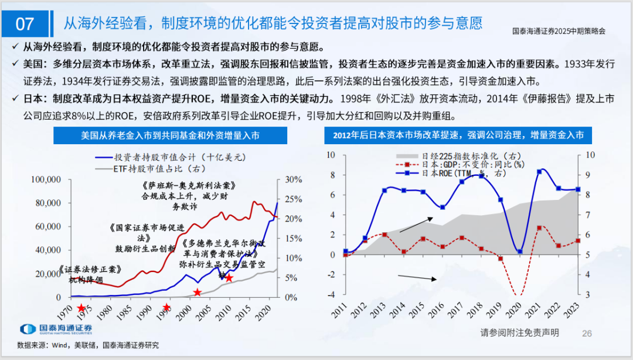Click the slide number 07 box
pos(25,24)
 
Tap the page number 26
pos(587,333)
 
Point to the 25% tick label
pos(293,179)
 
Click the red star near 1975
pos(80,307)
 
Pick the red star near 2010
pos(229,278)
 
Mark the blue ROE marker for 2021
pos(539,171)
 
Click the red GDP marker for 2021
pos(539,227)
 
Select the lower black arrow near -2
pos(418,279)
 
